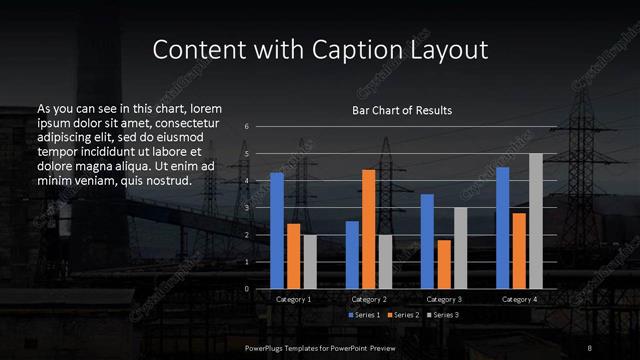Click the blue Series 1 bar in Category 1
[277, 230]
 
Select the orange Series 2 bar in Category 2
[368, 229]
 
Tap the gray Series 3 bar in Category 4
[535, 221]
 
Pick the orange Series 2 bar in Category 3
[444, 264]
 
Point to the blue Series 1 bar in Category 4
[503, 228]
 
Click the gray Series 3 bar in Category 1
[309, 262]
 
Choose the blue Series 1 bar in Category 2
[352, 255]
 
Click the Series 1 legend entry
[362, 314]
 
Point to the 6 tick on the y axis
[247, 127]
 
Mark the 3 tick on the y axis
[247, 208]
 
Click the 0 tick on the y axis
[247, 289]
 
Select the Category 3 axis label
[444, 299]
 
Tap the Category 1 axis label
[293, 299]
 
